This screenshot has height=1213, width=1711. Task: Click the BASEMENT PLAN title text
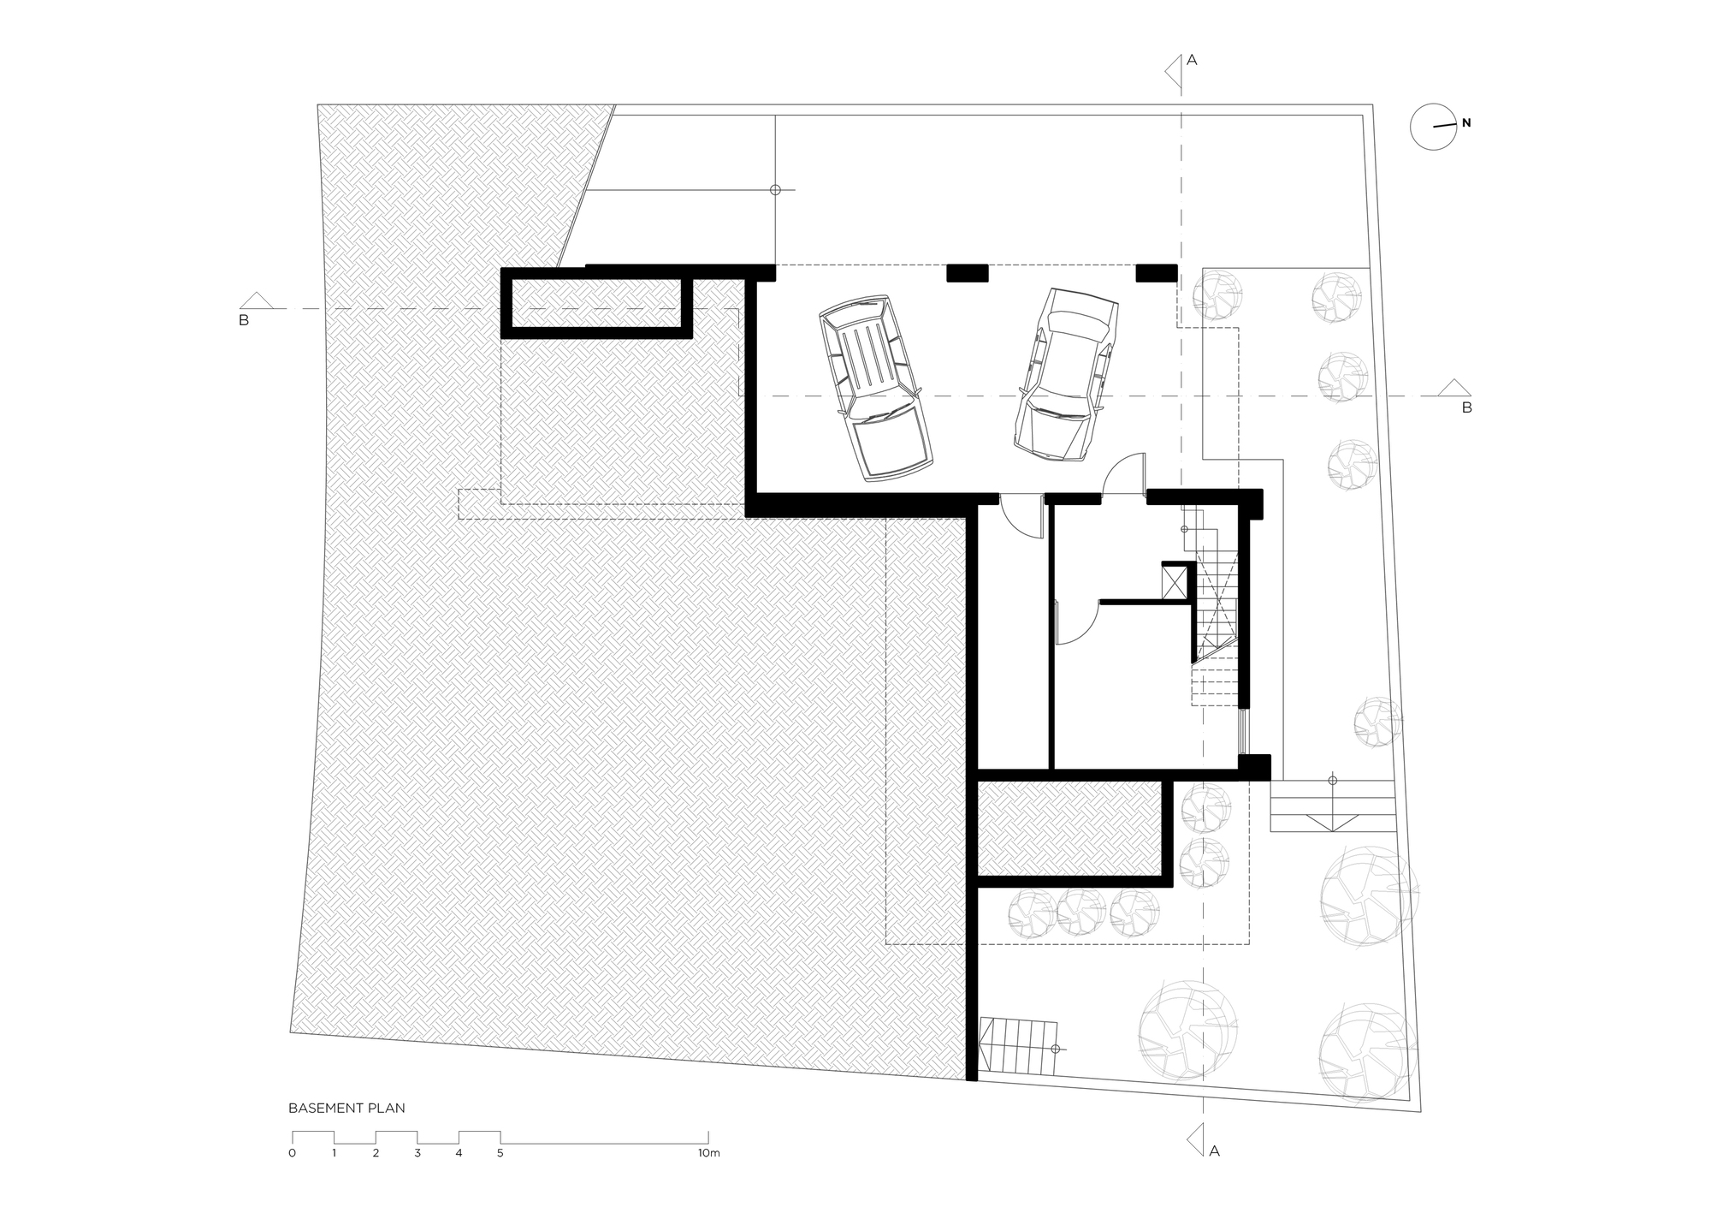346,1108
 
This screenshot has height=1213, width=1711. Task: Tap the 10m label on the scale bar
708,1153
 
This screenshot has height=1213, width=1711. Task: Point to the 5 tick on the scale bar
500,1153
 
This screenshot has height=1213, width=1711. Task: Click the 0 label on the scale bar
293,1153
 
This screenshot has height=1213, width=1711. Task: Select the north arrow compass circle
1433,128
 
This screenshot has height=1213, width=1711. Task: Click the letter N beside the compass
1466,123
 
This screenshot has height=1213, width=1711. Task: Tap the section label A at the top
1192,60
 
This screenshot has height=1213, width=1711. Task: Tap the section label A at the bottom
1214,1151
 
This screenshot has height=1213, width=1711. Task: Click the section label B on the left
244,321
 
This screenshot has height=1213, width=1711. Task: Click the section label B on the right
1466,407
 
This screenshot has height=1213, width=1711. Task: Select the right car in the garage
1066,371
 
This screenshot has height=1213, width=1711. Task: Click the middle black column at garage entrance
967,272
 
